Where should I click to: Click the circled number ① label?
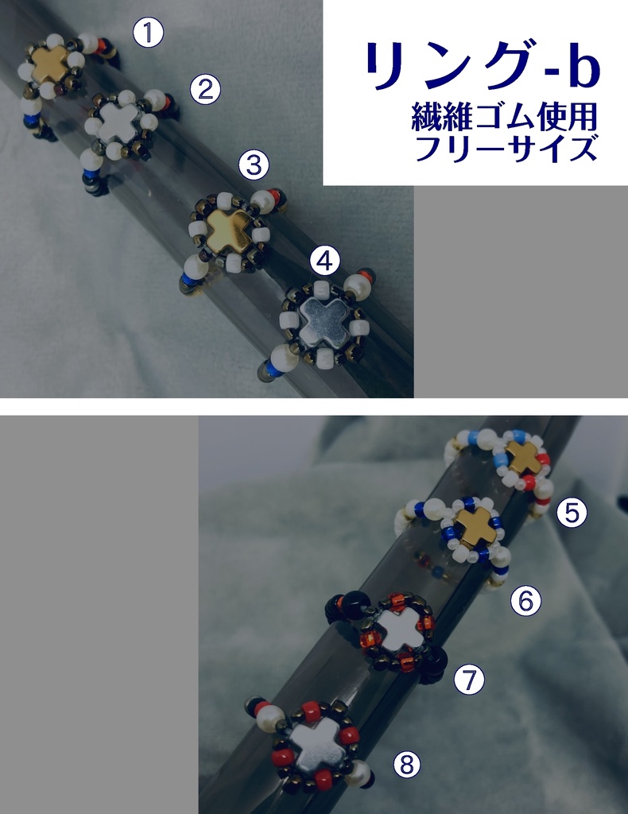point(149,33)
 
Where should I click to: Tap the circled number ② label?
point(206,89)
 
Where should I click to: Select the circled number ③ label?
point(254,165)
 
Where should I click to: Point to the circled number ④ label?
point(325,261)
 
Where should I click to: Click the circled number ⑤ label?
point(572,513)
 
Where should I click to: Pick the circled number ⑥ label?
point(525,601)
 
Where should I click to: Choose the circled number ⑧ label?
point(407,764)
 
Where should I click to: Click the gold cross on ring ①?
point(50,64)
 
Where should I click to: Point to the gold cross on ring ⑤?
point(523,457)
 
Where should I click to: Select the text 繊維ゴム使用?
point(504,117)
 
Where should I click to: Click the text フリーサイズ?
point(506,149)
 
